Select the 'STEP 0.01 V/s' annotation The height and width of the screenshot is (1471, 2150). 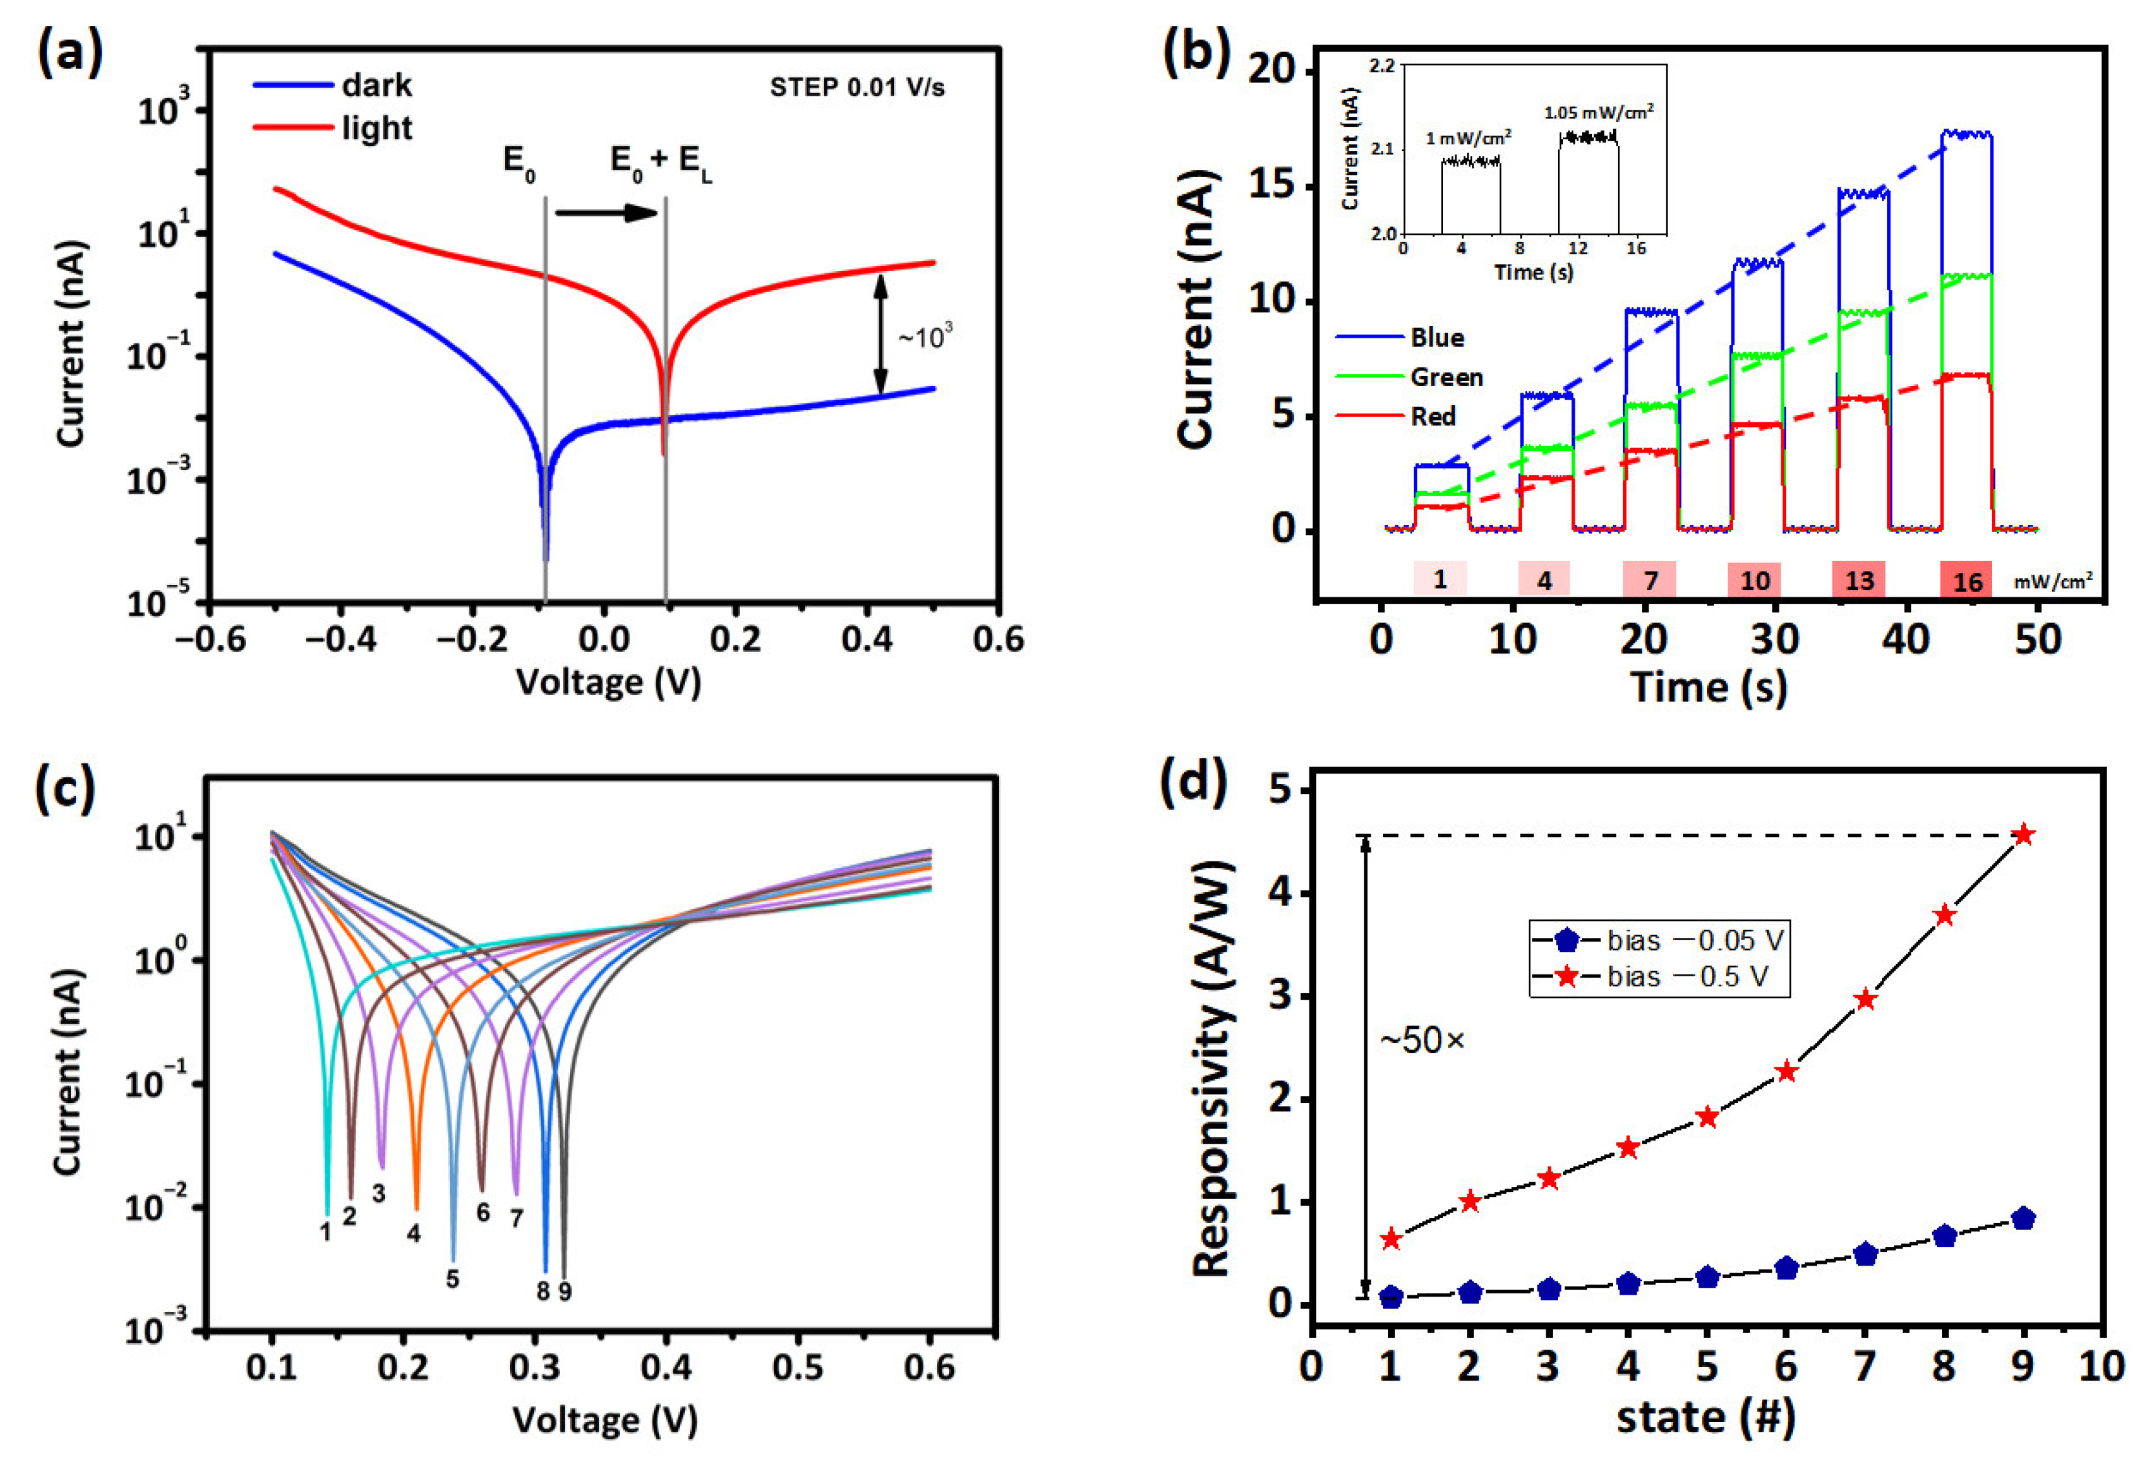tap(857, 88)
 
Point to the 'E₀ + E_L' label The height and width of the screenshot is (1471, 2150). tap(660, 162)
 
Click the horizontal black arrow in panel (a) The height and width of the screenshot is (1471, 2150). tap(606, 214)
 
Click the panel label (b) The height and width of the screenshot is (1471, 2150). tap(1194, 53)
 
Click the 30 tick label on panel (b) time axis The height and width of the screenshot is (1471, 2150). tap(1774, 639)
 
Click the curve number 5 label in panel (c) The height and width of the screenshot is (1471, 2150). tap(453, 1279)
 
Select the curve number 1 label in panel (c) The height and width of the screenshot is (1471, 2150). tap(325, 1231)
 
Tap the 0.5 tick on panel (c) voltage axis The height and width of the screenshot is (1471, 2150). tap(797, 1368)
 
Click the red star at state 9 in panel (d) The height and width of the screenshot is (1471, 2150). tap(2023, 834)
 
